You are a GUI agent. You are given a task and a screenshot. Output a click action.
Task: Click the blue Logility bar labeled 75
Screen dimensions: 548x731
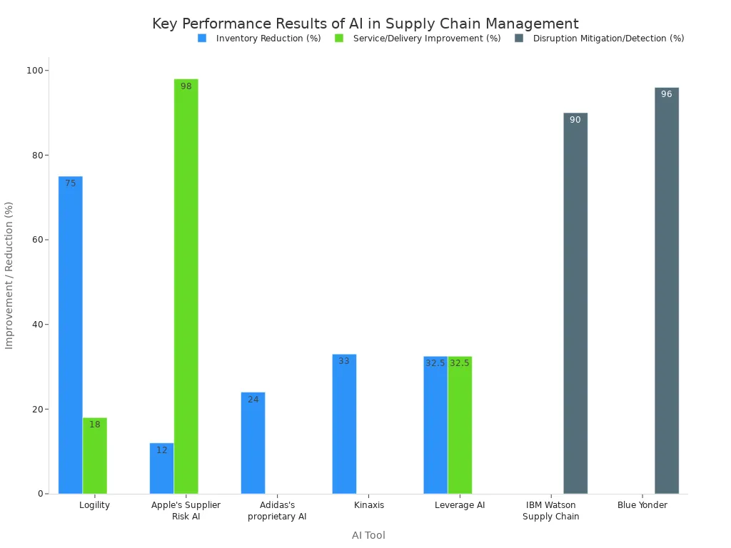[70, 335]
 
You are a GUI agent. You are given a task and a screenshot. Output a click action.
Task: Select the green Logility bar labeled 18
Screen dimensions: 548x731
[94, 457]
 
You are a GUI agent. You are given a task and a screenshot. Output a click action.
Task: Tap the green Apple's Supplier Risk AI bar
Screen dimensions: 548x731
[186, 285]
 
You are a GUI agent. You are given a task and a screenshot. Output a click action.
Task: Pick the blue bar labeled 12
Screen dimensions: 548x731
[161, 469]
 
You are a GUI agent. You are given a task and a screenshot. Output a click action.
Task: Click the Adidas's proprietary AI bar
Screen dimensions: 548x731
[253, 443]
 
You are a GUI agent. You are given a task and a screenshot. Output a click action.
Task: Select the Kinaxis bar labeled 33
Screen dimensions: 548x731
[344, 424]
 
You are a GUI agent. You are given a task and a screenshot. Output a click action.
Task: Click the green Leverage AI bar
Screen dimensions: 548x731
[460, 425]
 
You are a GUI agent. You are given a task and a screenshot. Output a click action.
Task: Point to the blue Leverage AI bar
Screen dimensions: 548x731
[435, 425]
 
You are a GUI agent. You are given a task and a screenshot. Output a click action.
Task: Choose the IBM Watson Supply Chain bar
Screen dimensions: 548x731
[575, 303]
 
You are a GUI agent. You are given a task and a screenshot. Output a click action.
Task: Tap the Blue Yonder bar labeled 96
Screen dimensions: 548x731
[667, 290]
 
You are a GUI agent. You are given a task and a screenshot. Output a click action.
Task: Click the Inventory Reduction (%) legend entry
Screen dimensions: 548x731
[260, 39]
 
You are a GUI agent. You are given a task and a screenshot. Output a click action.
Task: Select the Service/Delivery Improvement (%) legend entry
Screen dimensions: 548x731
[418, 39]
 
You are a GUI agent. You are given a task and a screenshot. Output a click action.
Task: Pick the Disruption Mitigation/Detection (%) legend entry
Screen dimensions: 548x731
[600, 39]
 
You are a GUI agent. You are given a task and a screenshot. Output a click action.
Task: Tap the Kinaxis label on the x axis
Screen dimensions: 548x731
[369, 505]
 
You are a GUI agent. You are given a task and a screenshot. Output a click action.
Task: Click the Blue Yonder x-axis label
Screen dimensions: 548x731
[642, 505]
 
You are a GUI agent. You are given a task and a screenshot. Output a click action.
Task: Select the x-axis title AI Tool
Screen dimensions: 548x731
[368, 535]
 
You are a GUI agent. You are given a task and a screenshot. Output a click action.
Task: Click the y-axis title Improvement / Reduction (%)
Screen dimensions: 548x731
[9, 275]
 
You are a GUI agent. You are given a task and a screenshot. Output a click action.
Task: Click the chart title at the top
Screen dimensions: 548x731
[365, 24]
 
